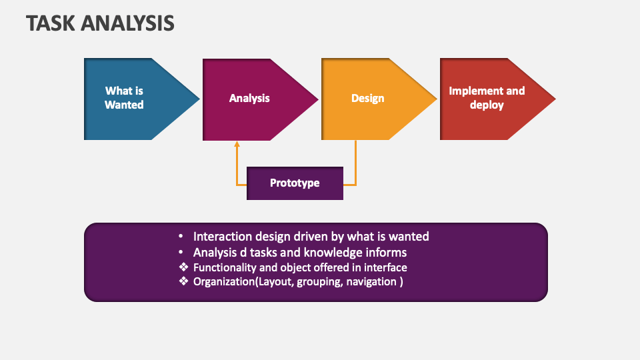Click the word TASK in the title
51,23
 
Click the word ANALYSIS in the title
127,23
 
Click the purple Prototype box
295,183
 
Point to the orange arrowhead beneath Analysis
237,143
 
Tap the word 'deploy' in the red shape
487,105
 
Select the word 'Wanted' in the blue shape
124,105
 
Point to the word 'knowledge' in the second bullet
331,253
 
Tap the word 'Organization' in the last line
225,281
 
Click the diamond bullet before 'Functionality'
184,267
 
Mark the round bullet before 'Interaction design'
181,237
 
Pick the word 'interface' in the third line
385,267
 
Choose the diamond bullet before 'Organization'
184,281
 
